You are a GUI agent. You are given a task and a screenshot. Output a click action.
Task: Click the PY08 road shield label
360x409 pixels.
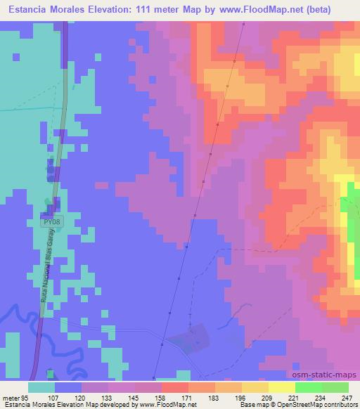pos(51,221)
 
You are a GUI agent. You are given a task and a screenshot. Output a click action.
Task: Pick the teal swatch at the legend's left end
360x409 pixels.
pos(41,387)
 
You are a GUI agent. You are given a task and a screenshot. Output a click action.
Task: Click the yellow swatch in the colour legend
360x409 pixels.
pos(281,387)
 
